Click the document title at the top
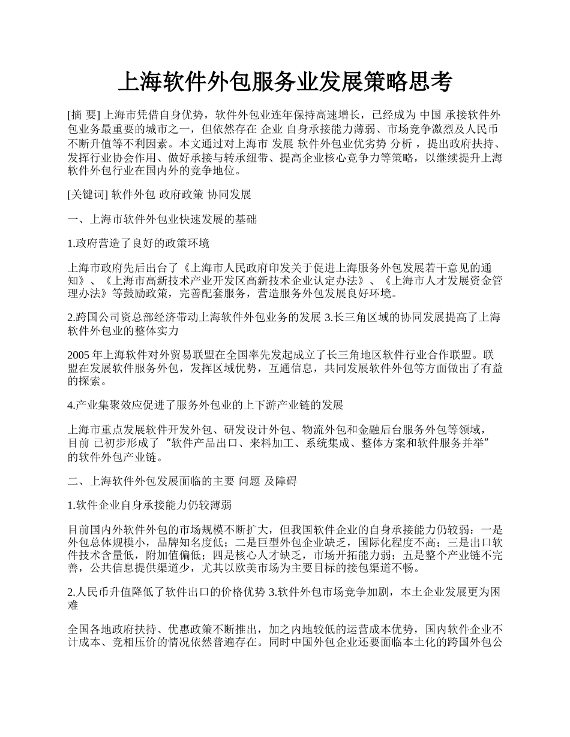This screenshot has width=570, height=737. click(284, 82)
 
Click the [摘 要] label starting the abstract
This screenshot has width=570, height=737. click(85, 114)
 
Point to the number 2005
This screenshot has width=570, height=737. click(80, 354)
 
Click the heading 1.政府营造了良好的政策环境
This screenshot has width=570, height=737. click(139, 243)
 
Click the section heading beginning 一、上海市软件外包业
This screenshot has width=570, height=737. click(163, 219)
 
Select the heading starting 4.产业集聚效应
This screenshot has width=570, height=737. click(206, 405)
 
